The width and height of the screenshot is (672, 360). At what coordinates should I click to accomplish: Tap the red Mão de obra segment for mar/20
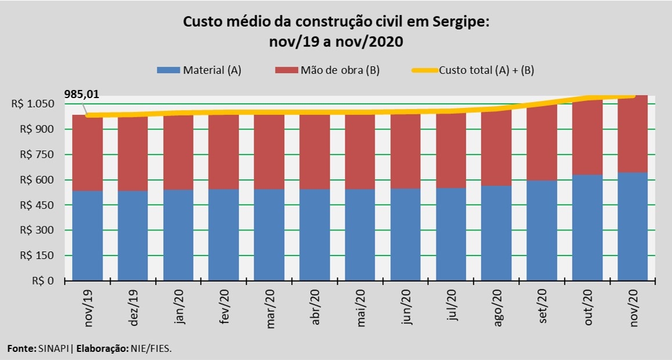tap(269, 152)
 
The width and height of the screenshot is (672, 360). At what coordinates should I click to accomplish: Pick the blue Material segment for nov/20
tap(633, 226)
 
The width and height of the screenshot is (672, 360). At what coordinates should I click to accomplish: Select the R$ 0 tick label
tap(43, 281)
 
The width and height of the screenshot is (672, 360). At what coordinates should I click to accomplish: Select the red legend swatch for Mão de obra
tap(285, 70)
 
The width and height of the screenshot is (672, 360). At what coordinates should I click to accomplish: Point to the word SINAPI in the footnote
tap(54, 348)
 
